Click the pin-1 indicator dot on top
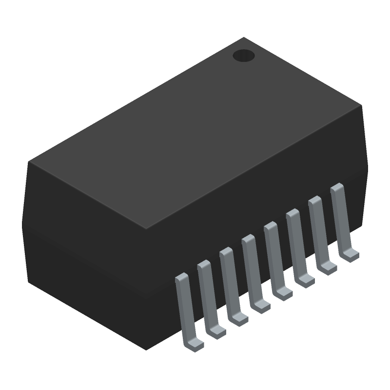click(244, 56)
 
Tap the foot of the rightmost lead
click(350, 254)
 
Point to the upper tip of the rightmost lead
click(337, 187)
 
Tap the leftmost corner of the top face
click(28, 161)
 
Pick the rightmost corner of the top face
click(362, 105)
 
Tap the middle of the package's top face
click(195, 133)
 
